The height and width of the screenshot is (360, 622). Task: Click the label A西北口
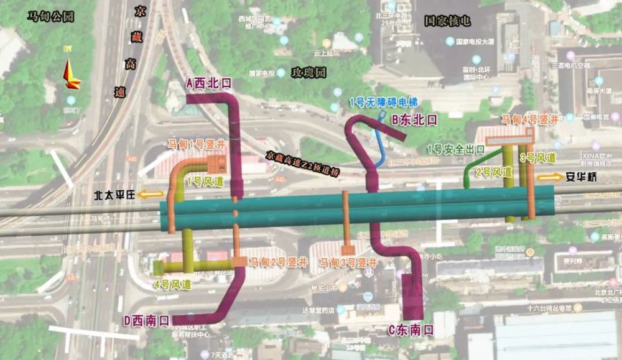(208, 83)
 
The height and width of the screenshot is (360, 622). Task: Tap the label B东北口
(414, 119)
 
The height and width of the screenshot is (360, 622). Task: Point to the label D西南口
(146, 321)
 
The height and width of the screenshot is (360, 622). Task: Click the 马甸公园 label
(50, 17)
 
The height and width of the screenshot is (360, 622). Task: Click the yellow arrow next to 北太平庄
(151, 195)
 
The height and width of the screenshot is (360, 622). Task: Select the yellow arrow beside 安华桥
(550, 177)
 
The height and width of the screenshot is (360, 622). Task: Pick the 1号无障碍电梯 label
(383, 102)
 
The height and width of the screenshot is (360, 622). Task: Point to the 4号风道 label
(172, 285)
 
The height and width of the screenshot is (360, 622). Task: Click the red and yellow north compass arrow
(71, 75)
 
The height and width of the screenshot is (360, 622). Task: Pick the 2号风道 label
(494, 172)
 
